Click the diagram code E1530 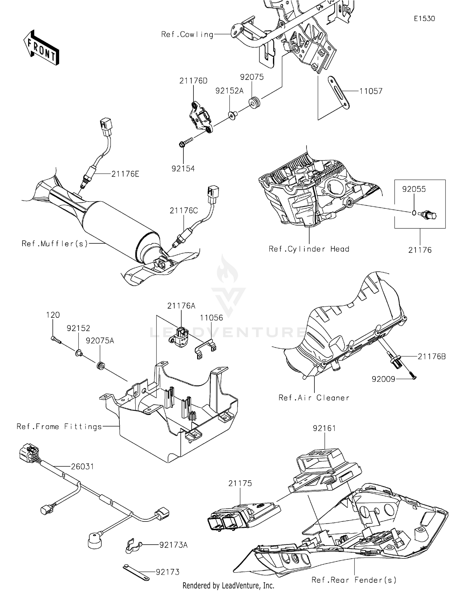coord(424,19)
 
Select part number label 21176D coord(193,81)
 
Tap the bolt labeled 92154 coord(186,141)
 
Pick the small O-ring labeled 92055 coord(414,213)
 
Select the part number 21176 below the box coord(420,250)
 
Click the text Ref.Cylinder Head coord(309,249)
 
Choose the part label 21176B coord(431,356)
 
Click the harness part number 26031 coord(82,467)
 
